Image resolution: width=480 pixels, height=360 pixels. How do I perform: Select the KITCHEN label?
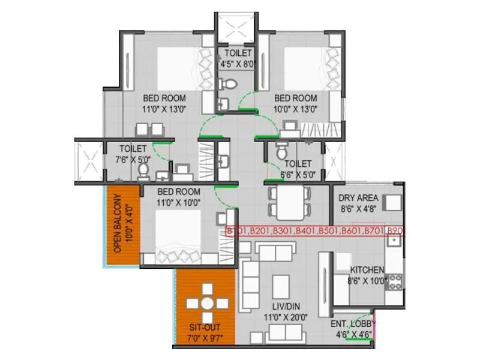click(x=367, y=270)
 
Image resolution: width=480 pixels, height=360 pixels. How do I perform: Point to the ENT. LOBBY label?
click(x=351, y=325)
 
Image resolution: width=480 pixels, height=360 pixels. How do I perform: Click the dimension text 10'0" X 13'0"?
click(x=295, y=109)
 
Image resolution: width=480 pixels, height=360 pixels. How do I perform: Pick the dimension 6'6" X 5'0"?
click(x=298, y=174)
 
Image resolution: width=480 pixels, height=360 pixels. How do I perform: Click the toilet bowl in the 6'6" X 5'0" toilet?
click(x=281, y=154)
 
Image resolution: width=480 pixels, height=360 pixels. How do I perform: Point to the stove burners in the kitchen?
click(x=395, y=281)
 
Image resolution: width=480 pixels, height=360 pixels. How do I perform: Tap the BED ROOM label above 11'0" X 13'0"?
click(x=164, y=98)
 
